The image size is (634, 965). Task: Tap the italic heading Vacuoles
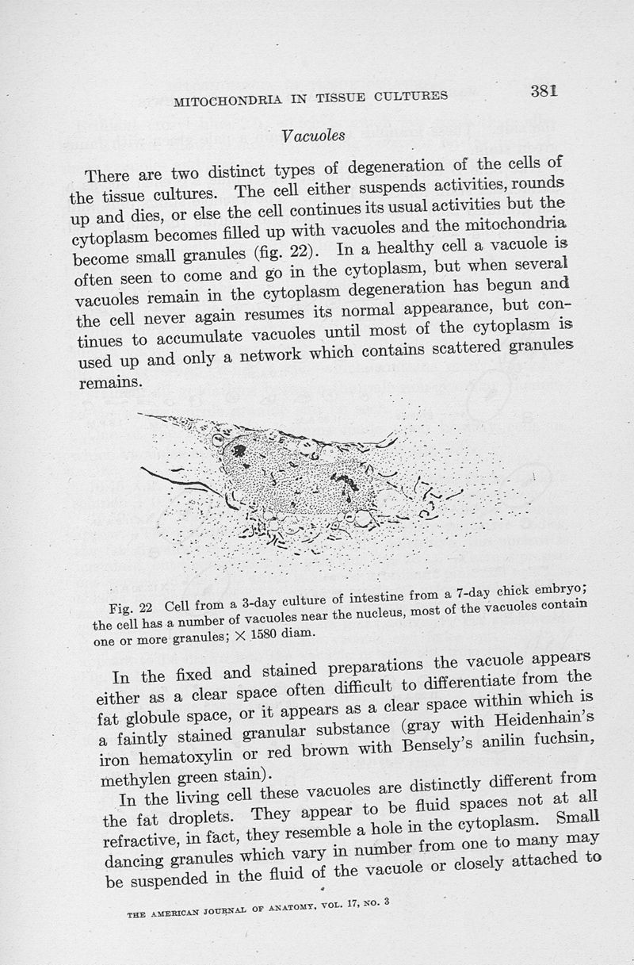click(312, 136)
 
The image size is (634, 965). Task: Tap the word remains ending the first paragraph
click(111, 382)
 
